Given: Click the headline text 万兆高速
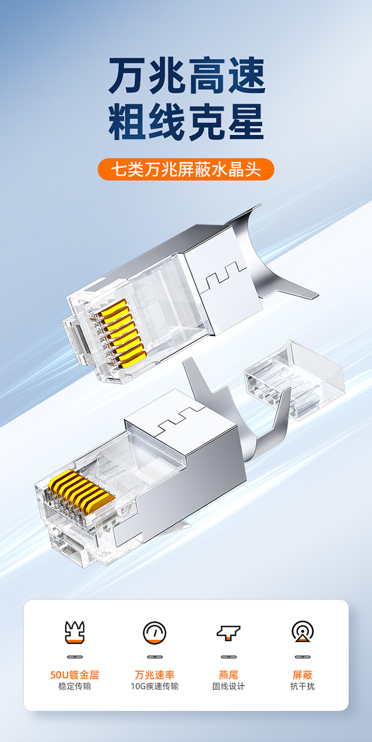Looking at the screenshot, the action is [x=186, y=75].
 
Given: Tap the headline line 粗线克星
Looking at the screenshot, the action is [x=186, y=122].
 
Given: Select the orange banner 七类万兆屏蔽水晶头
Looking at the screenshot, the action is [x=186, y=169].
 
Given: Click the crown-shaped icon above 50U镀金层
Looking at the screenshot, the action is [x=74, y=632].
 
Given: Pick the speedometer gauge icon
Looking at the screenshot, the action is [x=155, y=632].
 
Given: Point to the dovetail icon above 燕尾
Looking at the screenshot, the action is [x=228, y=632].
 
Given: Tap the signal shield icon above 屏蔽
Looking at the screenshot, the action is [x=303, y=631].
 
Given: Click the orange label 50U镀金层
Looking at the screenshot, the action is [x=74, y=675].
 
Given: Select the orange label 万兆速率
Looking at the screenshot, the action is [x=155, y=675].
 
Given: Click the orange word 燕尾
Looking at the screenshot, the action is [x=228, y=675].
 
